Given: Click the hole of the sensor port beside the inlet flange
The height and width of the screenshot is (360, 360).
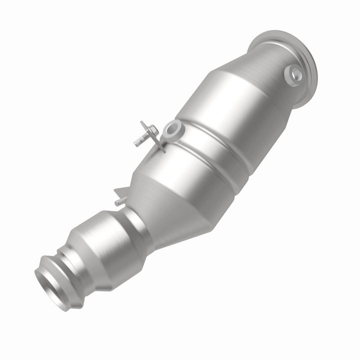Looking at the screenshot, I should coord(293,75).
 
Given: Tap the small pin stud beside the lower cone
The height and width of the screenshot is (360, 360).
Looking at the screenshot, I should coord(118,202).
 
